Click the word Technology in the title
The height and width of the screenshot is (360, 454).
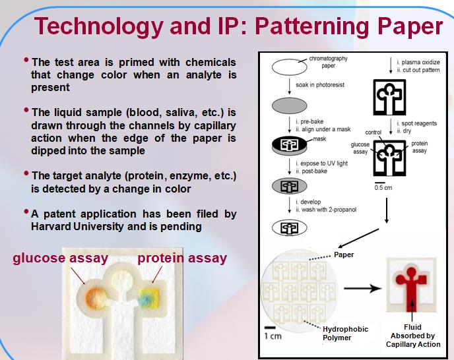click(99, 27)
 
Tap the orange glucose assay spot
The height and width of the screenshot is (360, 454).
click(94, 297)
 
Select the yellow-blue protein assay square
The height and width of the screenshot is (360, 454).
click(149, 297)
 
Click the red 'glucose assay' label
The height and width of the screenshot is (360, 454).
click(61, 258)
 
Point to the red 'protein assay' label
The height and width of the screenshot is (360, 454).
click(182, 258)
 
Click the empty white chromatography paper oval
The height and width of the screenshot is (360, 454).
click(289, 67)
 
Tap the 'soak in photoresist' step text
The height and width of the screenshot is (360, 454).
click(320, 85)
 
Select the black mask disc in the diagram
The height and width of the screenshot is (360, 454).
click(289, 144)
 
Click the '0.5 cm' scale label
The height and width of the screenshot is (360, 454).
click(383, 187)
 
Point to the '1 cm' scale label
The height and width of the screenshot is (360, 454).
click(273, 336)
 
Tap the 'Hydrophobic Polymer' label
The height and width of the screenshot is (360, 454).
click(345, 334)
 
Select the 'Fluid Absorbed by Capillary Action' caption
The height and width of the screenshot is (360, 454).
click(413, 336)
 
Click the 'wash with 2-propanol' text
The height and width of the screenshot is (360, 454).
click(329, 210)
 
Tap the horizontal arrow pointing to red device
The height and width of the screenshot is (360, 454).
click(362, 288)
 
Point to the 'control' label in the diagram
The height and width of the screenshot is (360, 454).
click(373, 133)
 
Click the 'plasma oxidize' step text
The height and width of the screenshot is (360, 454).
click(421, 62)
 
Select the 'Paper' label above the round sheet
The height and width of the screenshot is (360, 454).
click(344, 255)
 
